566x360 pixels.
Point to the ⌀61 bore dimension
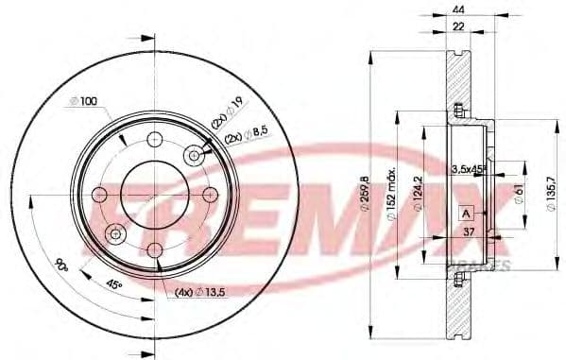[518, 195]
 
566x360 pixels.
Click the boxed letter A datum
[465, 214]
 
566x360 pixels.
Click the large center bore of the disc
[154, 193]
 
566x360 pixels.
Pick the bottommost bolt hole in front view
[154, 248]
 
